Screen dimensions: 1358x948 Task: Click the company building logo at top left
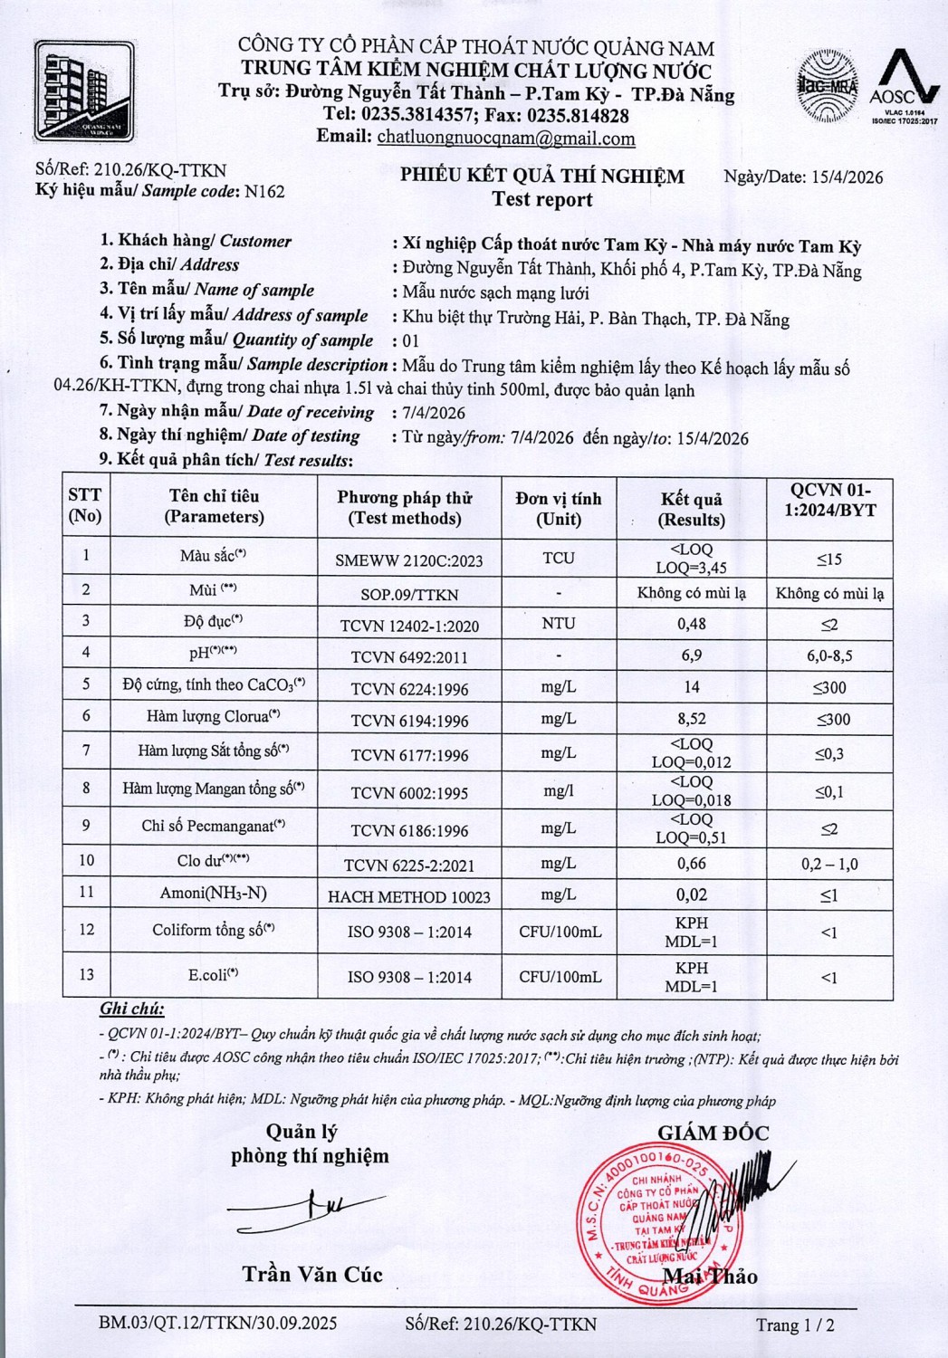(84, 91)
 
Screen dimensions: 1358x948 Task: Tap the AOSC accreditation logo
(904, 86)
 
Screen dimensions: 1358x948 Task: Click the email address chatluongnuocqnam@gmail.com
(505, 139)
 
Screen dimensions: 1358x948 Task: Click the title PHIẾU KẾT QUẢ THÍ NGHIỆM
(542, 176)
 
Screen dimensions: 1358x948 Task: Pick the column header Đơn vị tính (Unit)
(559, 508)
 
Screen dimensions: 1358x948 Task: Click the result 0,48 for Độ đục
(692, 624)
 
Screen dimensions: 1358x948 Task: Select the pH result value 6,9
(692, 655)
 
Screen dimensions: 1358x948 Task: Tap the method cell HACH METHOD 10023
(409, 897)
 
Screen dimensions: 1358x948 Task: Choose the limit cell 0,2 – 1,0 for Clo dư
(828, 865)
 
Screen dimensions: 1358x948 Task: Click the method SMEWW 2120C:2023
(409, 560)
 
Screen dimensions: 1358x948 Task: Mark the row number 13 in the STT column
(86, 975)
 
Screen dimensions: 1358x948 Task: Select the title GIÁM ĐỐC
(713, 1133)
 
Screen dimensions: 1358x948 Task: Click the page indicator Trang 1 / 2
(795, 1325)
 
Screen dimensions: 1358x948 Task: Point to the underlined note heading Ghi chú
(132, 1009)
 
